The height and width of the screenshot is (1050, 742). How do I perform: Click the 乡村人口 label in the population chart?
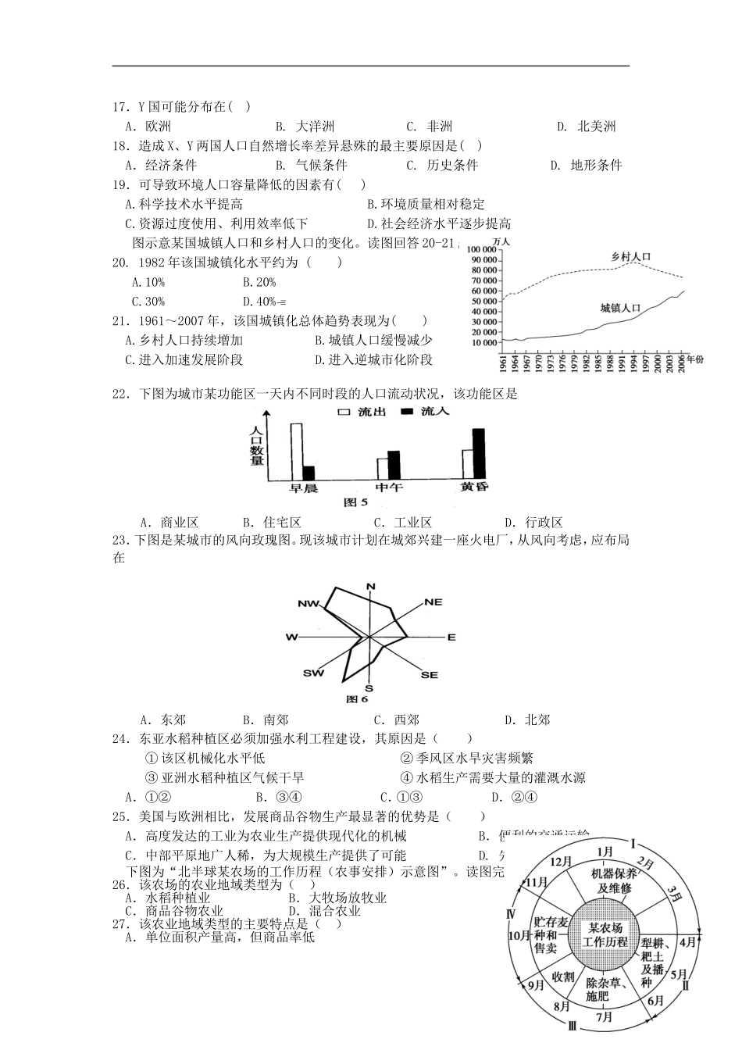(630, 257)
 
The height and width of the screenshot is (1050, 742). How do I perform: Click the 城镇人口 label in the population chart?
(620, 308)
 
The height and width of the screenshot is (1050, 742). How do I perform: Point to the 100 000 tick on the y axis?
(483, 250)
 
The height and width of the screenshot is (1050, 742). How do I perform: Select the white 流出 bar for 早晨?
(296, 452)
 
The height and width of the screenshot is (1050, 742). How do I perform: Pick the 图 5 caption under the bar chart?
(355, 502)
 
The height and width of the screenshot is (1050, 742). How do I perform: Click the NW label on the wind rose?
(309, 604)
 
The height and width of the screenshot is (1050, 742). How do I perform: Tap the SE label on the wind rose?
(430, 674)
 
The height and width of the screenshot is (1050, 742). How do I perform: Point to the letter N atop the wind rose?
(371, 586)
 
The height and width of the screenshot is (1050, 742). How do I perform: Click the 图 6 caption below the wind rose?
(356, 698)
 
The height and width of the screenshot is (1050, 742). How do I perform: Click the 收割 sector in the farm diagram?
(562, 977)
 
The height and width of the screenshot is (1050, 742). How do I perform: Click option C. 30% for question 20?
(148, 302)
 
